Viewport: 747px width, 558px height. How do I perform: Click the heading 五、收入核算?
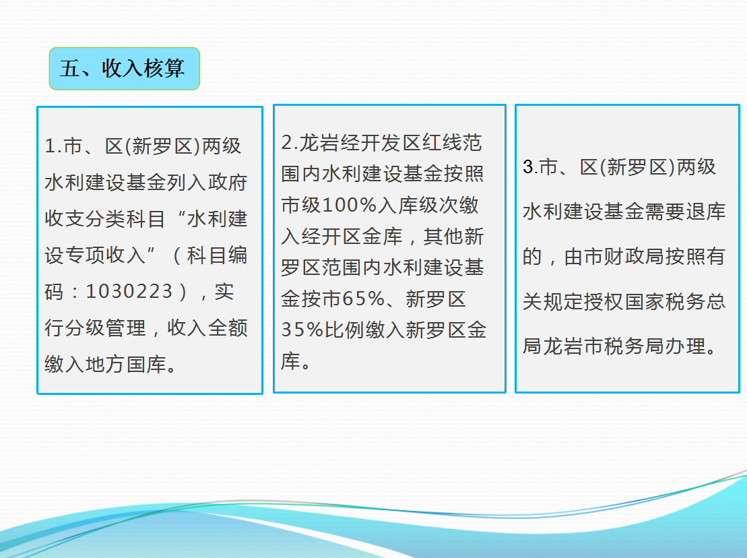[122, 69]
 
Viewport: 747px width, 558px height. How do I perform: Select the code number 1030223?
[129, 291]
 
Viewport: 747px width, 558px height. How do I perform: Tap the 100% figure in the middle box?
[350, 205]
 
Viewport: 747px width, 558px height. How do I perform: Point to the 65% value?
[364, 299]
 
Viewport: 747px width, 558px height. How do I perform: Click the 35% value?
[302, 330]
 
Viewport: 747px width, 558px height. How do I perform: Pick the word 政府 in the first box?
[228, 182]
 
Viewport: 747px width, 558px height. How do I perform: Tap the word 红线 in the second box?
[442, 142]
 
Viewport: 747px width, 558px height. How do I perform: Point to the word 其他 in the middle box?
[443, 237]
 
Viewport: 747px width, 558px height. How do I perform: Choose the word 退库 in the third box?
[705, 212]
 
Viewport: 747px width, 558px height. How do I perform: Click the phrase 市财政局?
[614, 256]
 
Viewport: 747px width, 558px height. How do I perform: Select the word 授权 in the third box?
[604, 302]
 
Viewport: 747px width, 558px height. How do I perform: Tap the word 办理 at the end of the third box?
[685, 346]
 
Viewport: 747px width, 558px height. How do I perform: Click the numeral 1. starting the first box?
[53, 146]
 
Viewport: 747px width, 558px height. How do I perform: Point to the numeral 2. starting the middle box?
[290, 142]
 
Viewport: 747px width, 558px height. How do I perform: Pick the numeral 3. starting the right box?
[531, 166]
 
